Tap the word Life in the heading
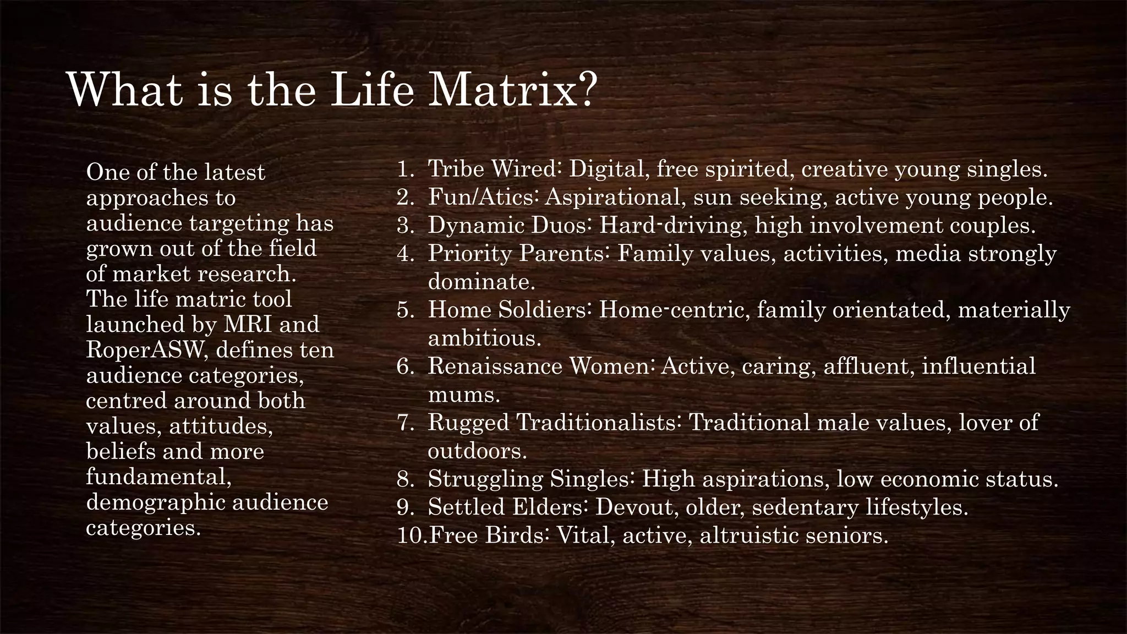click(371, 89)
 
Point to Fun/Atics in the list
click(482, 197)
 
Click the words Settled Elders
click(508, 507)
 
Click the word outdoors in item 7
click(477, 451)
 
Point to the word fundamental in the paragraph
click(158, 477)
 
